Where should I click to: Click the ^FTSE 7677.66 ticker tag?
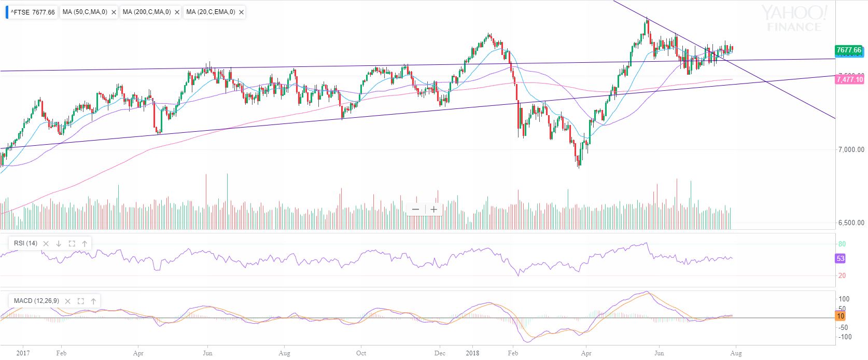(32, 12)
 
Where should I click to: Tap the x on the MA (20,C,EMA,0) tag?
(240, 12)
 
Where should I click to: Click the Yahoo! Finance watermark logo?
(793, 19)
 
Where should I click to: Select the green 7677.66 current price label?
(849, 50)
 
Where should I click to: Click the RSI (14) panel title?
(25, 243)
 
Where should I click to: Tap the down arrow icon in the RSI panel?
(59, 243)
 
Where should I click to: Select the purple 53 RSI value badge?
(841, 258)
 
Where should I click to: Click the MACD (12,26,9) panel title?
(36, 301)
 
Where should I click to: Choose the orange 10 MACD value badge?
(841, 316)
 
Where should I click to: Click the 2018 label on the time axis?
(472, 353)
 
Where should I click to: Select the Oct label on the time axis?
(361, 353)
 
